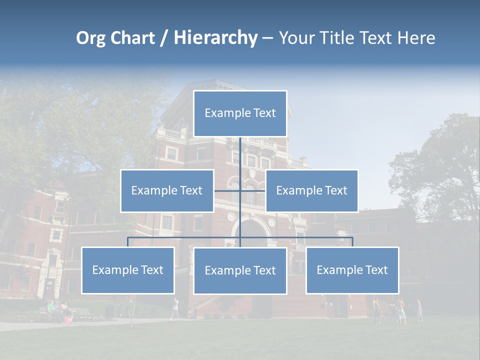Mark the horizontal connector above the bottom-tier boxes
[185, 237]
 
